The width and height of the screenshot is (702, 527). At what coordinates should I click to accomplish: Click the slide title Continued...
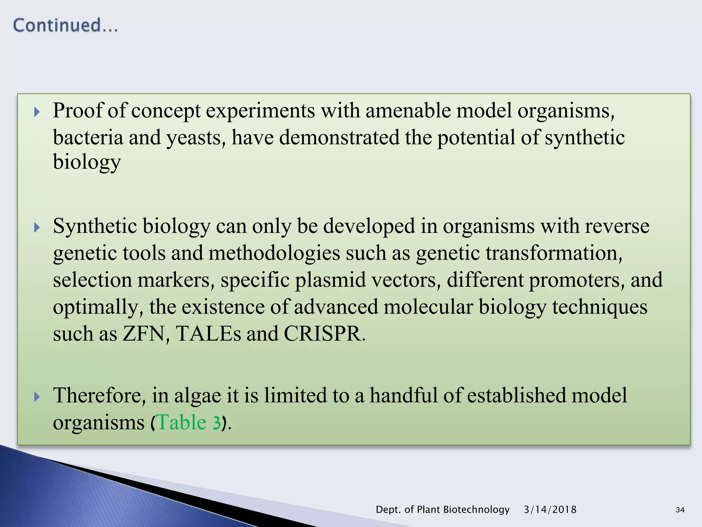[65, 26]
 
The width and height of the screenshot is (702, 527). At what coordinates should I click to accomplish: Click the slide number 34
[680, 510]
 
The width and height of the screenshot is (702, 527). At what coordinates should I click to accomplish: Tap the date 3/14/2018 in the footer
[550, 510]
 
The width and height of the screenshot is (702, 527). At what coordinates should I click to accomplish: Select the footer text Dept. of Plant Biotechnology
[443, 510]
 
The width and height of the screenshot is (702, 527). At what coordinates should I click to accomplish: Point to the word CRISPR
[322, 333]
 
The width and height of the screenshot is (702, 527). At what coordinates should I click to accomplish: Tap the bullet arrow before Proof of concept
[37, 112]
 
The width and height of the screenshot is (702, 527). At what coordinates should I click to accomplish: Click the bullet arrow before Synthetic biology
[37, 227]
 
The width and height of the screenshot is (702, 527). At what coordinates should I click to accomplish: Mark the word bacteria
[88, 138]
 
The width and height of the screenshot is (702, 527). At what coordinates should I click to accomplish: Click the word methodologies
[274, 253]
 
